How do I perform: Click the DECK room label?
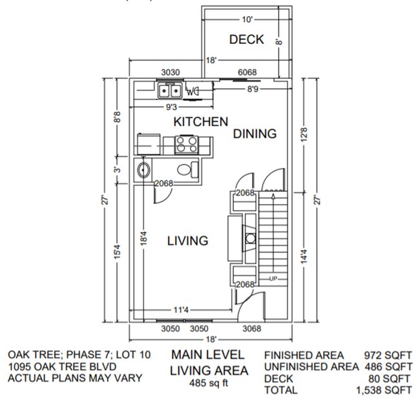246,39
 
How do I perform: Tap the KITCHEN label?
200,121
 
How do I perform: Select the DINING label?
255,134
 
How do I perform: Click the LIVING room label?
187,241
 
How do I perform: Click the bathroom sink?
144,171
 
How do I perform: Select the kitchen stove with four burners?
188,143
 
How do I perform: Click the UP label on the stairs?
274,278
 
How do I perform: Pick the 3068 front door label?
251,328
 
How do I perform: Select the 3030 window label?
170,72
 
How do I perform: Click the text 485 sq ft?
207,383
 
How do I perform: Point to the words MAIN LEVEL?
207,355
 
